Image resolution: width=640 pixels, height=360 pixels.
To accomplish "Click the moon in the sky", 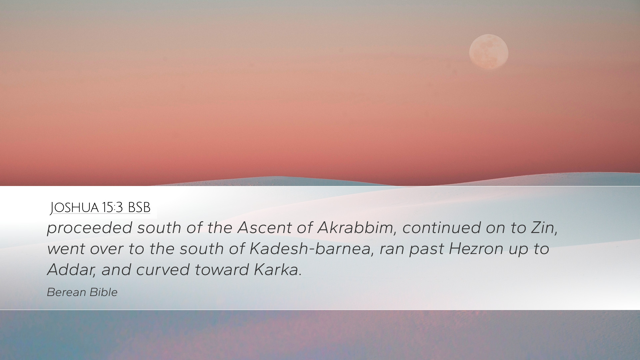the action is (x=489, y=52).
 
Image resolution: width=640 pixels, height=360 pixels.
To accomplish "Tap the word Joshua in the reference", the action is (x=74, y=207).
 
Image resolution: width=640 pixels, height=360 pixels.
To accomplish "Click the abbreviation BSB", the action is (x=139, y=207).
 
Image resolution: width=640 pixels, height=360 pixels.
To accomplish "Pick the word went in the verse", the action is (x=66, y=249).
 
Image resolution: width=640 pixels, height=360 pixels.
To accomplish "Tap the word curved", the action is (x=163, y=270).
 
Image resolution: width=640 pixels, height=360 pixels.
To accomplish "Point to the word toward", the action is (x=222, y=270).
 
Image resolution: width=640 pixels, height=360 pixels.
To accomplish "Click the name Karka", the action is (x=278, y=270).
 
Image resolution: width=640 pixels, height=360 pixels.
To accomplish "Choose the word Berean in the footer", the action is (x=66, y=292).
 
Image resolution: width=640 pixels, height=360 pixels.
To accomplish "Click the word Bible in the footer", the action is (x=103, y=292).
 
